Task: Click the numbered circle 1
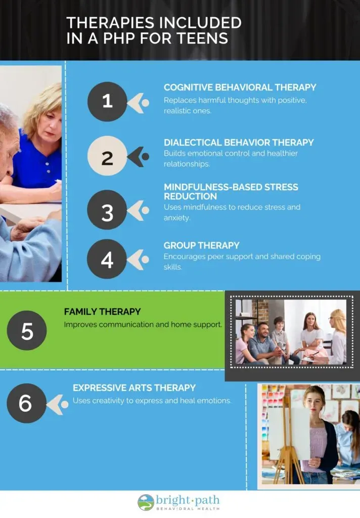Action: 107,101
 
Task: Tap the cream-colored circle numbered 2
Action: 107,156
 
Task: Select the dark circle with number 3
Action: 107,210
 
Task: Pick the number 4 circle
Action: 107,259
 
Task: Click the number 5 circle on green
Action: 27,330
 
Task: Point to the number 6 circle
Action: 26,403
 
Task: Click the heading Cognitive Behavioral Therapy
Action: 240,87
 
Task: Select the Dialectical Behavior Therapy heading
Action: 239,142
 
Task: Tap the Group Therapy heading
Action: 201,245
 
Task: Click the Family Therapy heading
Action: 102,312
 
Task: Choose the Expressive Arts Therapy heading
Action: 134,387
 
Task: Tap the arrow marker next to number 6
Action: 58,405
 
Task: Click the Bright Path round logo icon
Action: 146,502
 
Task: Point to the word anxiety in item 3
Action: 176,218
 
